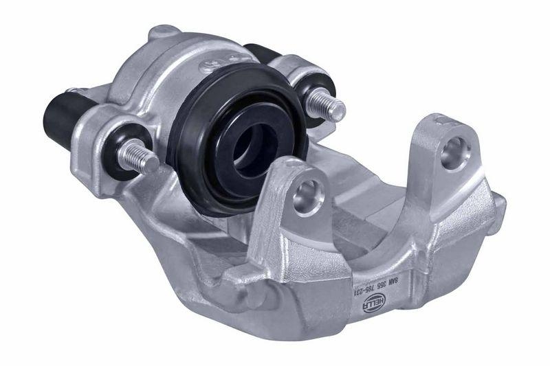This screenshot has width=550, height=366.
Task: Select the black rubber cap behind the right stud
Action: click(x=260, y=55)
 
